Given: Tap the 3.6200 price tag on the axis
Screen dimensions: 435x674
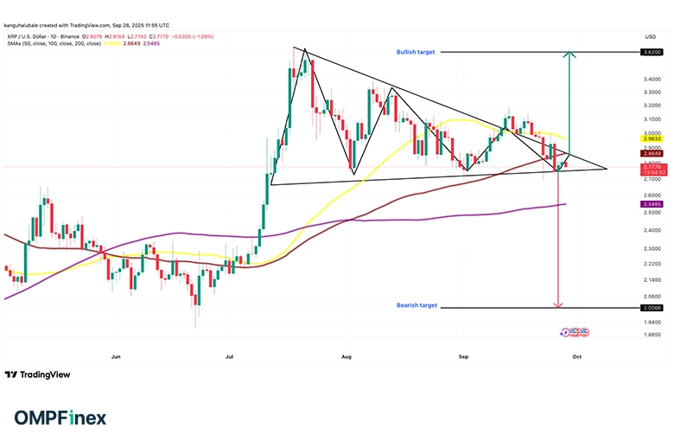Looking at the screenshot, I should click(x=652, y=53).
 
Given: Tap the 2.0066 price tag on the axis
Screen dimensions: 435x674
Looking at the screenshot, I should click(x=652, y=307).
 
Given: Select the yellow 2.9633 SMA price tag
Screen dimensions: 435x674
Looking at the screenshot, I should click(x=652, y=138).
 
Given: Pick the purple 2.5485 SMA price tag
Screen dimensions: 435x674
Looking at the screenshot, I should click(x=652, y=204).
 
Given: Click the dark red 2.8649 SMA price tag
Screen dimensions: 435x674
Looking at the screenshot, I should click(x=652, y=152).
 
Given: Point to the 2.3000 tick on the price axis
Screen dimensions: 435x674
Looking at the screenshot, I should click(x=652, y=248).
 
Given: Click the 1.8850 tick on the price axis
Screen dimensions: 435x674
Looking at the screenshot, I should click(x=652, y=334).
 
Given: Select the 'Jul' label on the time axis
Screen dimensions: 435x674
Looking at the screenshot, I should click(x=230, y=355).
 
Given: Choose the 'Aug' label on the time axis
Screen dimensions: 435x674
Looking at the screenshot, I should click(x=347, y=355).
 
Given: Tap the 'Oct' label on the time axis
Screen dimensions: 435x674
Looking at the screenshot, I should click(x=577, y=355).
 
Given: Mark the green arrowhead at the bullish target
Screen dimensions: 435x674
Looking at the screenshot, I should click(x=567, y=56).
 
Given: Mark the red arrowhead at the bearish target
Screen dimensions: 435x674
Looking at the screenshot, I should click(x=559, y=304).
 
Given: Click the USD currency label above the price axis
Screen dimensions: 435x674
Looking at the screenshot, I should click(x=651, y=36).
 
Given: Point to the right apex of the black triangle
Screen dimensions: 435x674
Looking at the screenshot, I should click(x=607, y=169).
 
